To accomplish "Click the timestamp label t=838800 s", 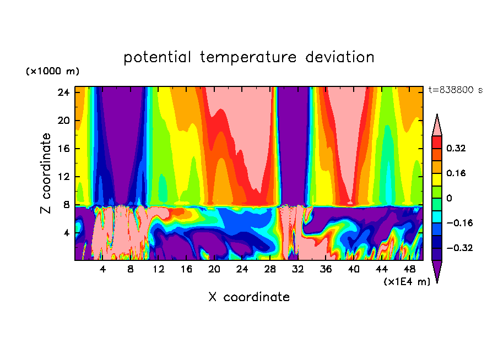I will coord(455,90).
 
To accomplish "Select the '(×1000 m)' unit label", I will coord(52,72).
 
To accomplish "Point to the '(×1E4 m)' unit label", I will coord(407,282).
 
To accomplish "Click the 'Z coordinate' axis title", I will coord(46,173).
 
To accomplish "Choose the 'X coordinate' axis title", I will coord(249,297).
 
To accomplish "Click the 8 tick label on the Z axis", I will coord(66,205).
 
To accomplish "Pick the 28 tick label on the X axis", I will coord(270,270).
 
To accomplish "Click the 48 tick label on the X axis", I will coord(410,270).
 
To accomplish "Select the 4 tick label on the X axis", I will coord(102,270).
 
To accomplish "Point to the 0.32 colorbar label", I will coord(457,148).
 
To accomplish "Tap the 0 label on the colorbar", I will coord(449,198).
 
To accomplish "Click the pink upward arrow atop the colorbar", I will coord(437,126).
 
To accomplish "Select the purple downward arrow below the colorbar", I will coord(437,271).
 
